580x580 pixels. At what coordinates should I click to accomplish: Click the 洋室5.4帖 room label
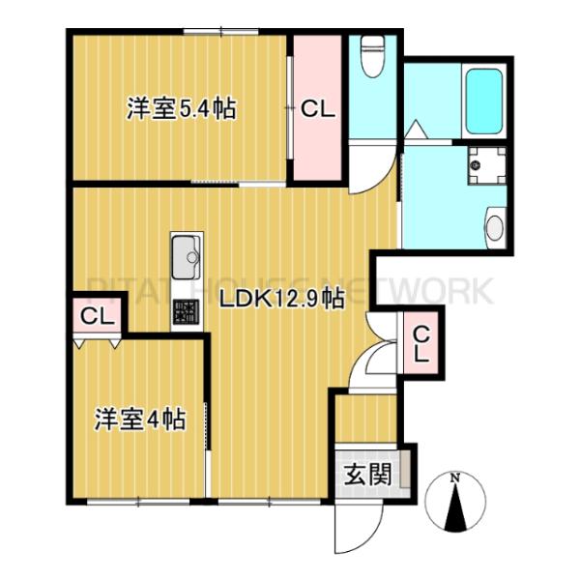pos(182,107)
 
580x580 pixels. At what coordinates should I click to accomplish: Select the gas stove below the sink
pos(186,311)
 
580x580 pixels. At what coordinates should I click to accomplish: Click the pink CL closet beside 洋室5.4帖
pos(316,108)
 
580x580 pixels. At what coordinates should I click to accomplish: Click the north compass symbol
pos(455,500)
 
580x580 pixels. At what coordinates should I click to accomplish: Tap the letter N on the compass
pos(455,477)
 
